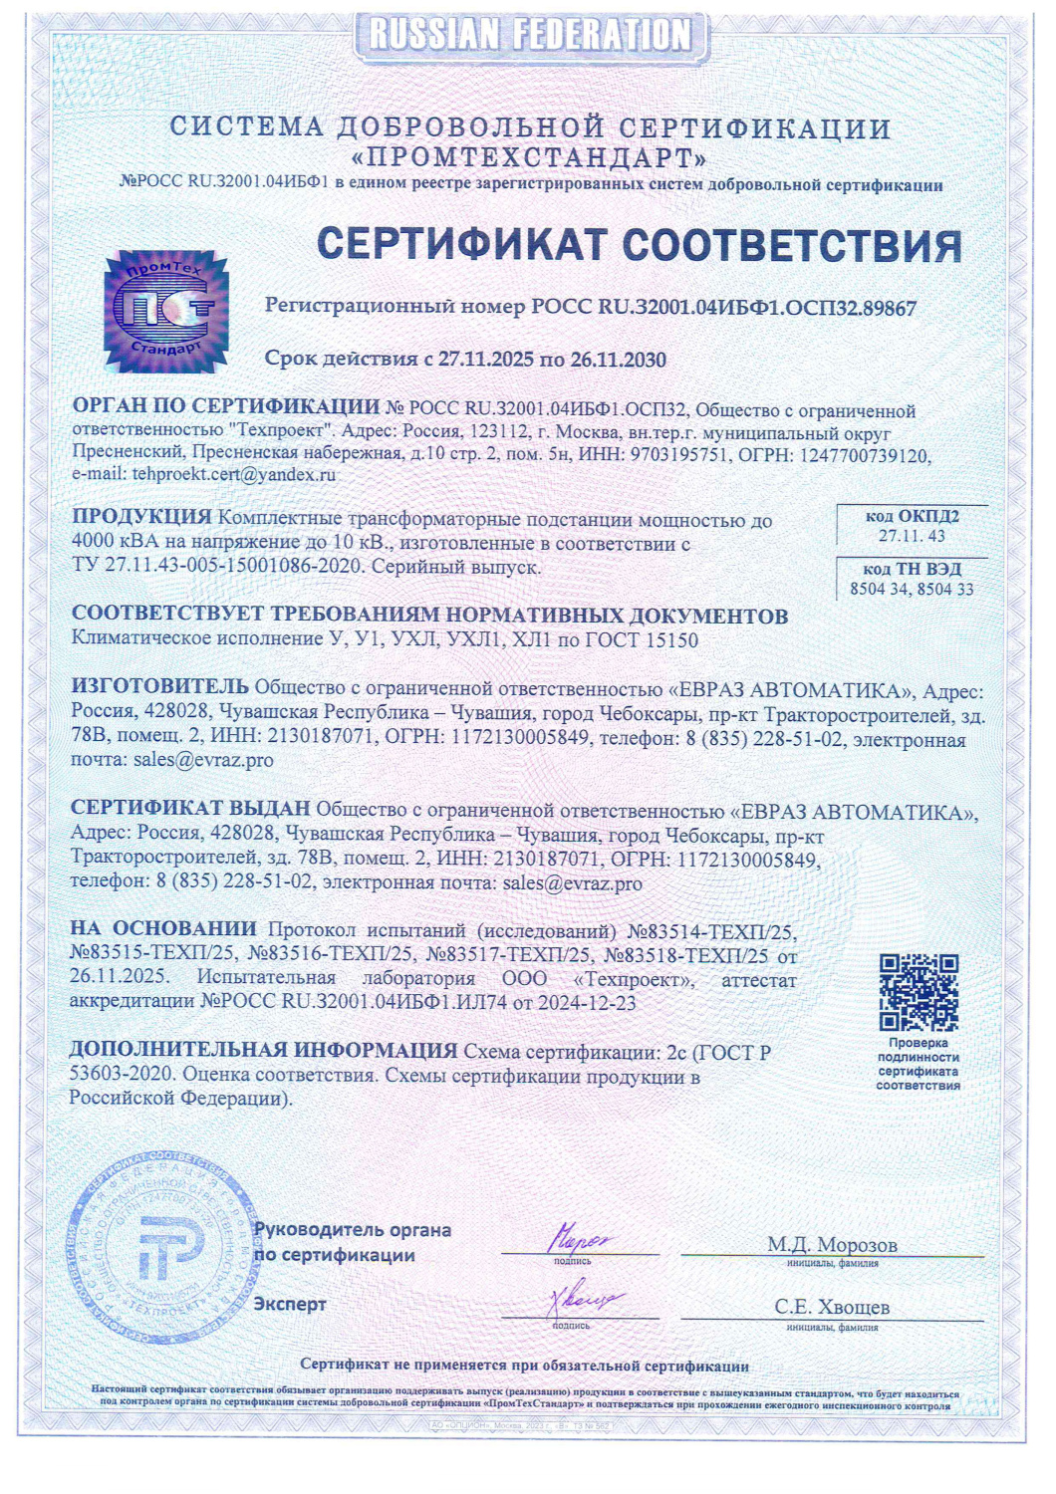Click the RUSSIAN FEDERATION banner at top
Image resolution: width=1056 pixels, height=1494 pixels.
530,35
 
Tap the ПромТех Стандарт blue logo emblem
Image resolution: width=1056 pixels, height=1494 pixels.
166,312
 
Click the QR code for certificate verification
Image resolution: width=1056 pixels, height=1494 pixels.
918,992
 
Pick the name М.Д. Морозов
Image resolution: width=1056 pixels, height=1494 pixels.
832,1245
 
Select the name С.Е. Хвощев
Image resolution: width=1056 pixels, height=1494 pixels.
832,1307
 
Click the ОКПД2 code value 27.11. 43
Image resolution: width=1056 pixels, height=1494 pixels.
912,537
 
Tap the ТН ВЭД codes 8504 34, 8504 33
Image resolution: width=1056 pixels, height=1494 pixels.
912,590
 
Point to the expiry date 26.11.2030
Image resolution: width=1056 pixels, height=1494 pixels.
618,360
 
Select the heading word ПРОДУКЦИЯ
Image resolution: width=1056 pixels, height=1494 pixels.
141,517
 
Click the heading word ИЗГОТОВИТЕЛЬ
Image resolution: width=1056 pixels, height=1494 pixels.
159,686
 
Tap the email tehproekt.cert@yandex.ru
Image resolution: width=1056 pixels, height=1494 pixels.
233,475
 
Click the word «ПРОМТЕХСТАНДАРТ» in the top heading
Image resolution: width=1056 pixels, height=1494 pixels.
529,158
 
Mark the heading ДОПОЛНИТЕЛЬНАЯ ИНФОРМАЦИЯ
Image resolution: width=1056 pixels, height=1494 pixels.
263,1051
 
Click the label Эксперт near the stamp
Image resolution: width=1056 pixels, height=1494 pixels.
290,1305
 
